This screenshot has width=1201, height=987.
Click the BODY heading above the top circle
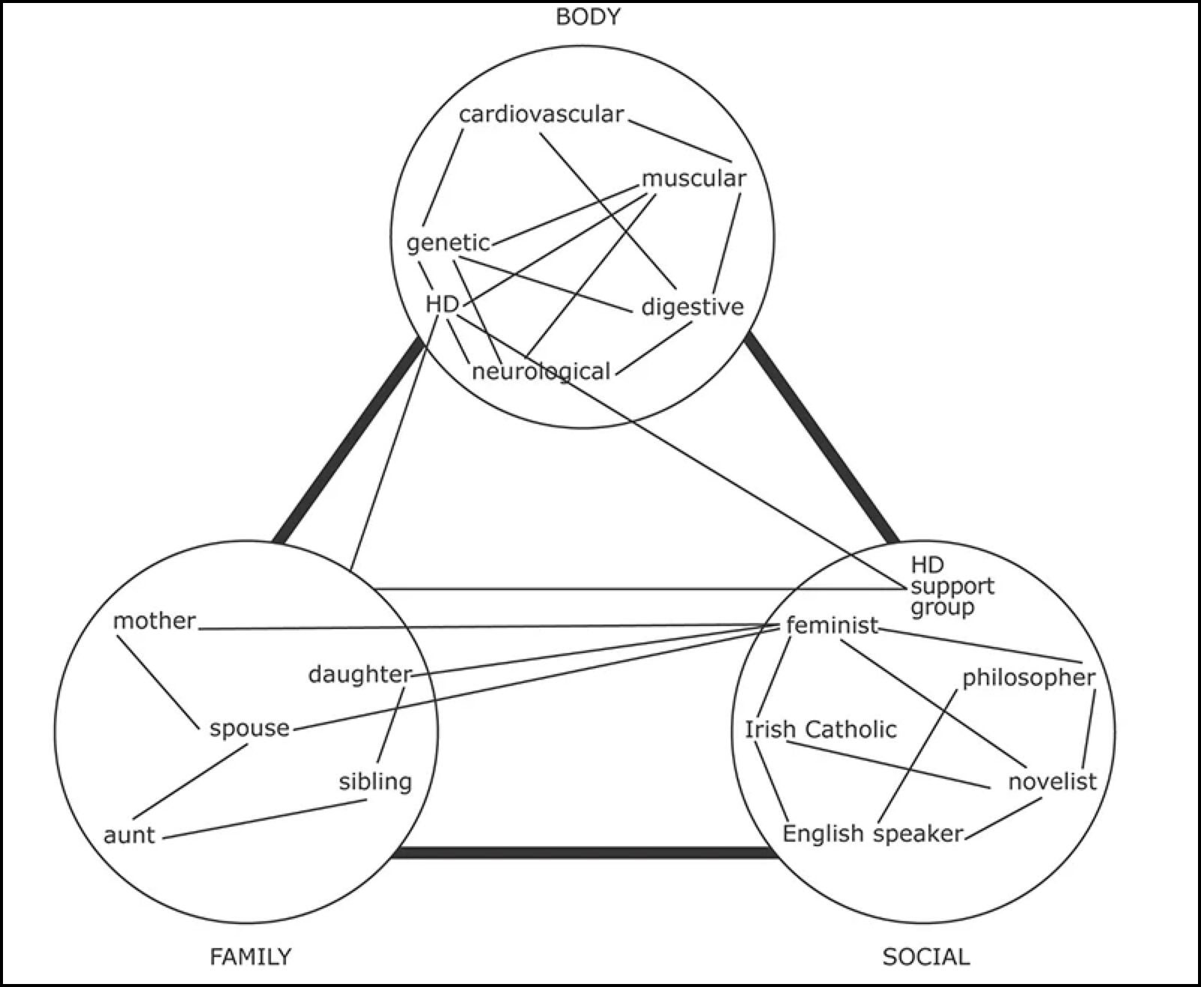click(x=588, y=17)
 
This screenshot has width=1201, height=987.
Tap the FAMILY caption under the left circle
click(x=250, y=956)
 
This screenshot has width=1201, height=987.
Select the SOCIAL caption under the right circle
click(x=925, y=956)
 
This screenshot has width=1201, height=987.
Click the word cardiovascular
click(x=541, y=115)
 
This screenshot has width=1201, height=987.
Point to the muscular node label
click(x=693, y=178)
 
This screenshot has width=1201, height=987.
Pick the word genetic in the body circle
click(x=448, y=243)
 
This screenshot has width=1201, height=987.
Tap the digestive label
click(x=692, y=307)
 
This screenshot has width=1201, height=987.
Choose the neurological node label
click(x=541, y=371)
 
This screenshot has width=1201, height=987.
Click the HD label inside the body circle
click(x=442, y=304)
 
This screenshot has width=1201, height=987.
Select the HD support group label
click(x=951, y=586)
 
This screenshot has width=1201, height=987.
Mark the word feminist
click(x=832, y=625)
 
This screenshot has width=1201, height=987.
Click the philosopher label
click(x=1028, y=678)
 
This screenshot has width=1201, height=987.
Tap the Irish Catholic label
click(x=820, y=729)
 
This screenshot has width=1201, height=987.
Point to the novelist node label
click(x=1051, y=782)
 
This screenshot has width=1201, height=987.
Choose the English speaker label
click(x=872, y=833)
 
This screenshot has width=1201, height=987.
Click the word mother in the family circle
click(x=154, y=621)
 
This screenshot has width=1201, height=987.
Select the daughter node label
click(x=359, y=675)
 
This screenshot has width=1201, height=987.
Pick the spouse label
click(x=249, y=728)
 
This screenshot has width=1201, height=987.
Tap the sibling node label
click(x=375, y=782)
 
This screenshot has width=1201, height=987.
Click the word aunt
click(x=129, y=835)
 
